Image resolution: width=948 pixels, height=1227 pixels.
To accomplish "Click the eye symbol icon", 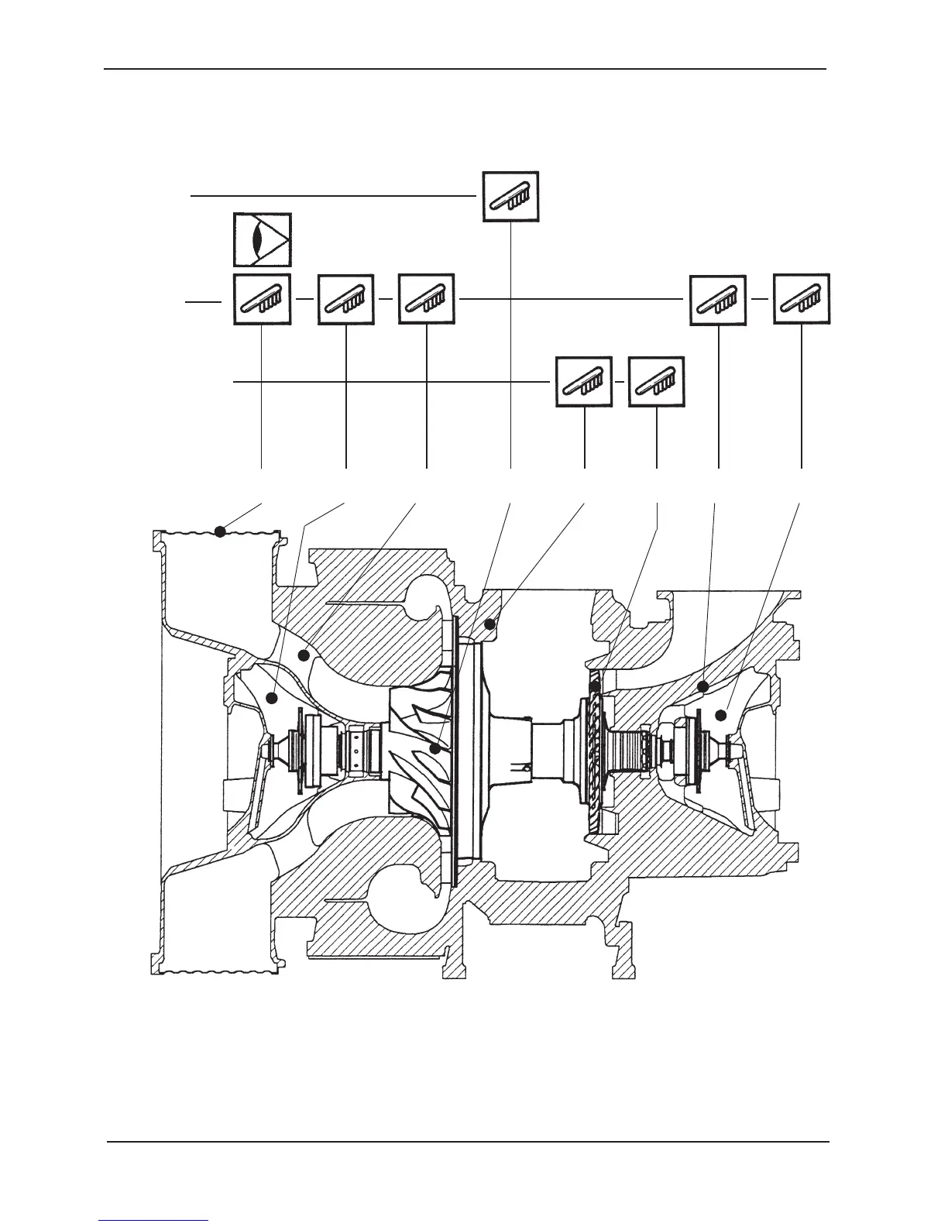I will (x=263, y=240).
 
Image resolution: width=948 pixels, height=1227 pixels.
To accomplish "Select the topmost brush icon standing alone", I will (x=510, y=196).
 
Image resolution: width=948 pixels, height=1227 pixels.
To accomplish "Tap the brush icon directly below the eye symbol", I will (x=263, y=299).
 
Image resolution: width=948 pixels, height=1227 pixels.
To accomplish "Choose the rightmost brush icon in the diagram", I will (x=802, y=299).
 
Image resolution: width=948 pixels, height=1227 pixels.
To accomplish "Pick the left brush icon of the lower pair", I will (x=585, y=381).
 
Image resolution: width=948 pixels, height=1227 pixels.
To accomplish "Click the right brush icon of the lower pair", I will (x=657, y=381).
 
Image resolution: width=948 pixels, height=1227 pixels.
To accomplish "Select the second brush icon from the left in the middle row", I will (x=346, y=299).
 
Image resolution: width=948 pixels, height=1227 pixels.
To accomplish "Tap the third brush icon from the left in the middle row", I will (x=427, y=299).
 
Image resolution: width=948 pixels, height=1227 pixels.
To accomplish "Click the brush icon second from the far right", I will (x=719, y=299).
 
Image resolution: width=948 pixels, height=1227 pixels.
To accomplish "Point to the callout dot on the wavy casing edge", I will (x=220, y=531).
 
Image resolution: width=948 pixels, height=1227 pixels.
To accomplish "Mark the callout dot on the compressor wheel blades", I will (x=436, y=749).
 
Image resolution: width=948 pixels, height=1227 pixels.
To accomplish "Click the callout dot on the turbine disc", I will (x=595, y=687).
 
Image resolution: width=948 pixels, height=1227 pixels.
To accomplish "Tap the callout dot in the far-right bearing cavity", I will (x=721, y=715).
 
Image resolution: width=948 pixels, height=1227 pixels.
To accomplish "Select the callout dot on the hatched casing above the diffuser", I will (x=489, y=623).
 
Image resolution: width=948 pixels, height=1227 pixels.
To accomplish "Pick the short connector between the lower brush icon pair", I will (x=620, y=382).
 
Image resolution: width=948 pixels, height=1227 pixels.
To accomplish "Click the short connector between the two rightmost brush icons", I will (x=760, y=299).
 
